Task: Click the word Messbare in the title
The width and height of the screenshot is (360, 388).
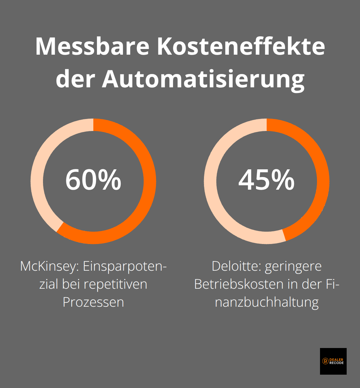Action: [x=92, y=46]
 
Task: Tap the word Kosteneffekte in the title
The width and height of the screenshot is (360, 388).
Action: [x=241, y=46]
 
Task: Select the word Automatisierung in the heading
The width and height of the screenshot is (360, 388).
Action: [x=203, y=79]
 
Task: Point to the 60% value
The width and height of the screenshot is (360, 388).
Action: [x=93, y=180]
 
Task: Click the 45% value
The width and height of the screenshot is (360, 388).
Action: [x=267, y=180]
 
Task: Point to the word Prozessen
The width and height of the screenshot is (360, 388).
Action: [x=93, y=302]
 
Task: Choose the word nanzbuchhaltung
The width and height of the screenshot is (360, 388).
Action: [x=267, y=302]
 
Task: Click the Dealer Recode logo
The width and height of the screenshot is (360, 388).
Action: [x=333, y=361]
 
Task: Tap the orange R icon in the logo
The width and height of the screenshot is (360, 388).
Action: [x=325, y=361]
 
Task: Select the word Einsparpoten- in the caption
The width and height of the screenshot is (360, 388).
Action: [x=125, y=267]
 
